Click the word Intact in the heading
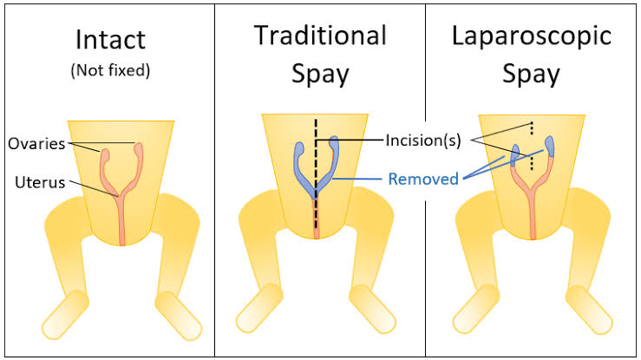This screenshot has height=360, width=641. click(x=110, y=40)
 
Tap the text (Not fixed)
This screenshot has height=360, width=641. click(x=110, y=70)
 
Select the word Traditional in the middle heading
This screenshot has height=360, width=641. click(x=320, y=36)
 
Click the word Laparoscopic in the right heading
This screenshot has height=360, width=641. click(x=532, y=36)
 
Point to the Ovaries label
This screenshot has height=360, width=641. click(x=36, y=144)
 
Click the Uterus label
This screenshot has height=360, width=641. click(x=40, y=182)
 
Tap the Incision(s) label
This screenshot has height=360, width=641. click(x=423, y=141)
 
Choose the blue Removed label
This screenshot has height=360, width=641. click(x=423, y=179)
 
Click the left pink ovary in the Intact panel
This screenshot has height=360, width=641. click(x=105, y=156)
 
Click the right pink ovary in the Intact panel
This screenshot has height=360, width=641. click(x=139, y=150)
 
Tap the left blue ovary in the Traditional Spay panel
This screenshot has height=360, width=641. click(x=299, y=149)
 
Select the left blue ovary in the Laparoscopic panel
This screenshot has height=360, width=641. click(x=515, y=155)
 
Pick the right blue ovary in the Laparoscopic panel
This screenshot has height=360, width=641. click(x=549, y=147)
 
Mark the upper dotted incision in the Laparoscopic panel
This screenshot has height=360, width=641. click(x=532, y=128)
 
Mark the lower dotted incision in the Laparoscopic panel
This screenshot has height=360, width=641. click(x=532, y=162)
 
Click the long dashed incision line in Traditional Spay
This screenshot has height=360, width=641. click(x=316, y=173)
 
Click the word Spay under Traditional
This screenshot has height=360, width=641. click(x=320, y=75)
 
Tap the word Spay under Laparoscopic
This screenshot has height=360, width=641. click(x=531, y=75)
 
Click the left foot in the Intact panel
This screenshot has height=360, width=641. click(x=65, y=315)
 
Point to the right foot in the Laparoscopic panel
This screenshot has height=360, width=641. click(x=588, y=310)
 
